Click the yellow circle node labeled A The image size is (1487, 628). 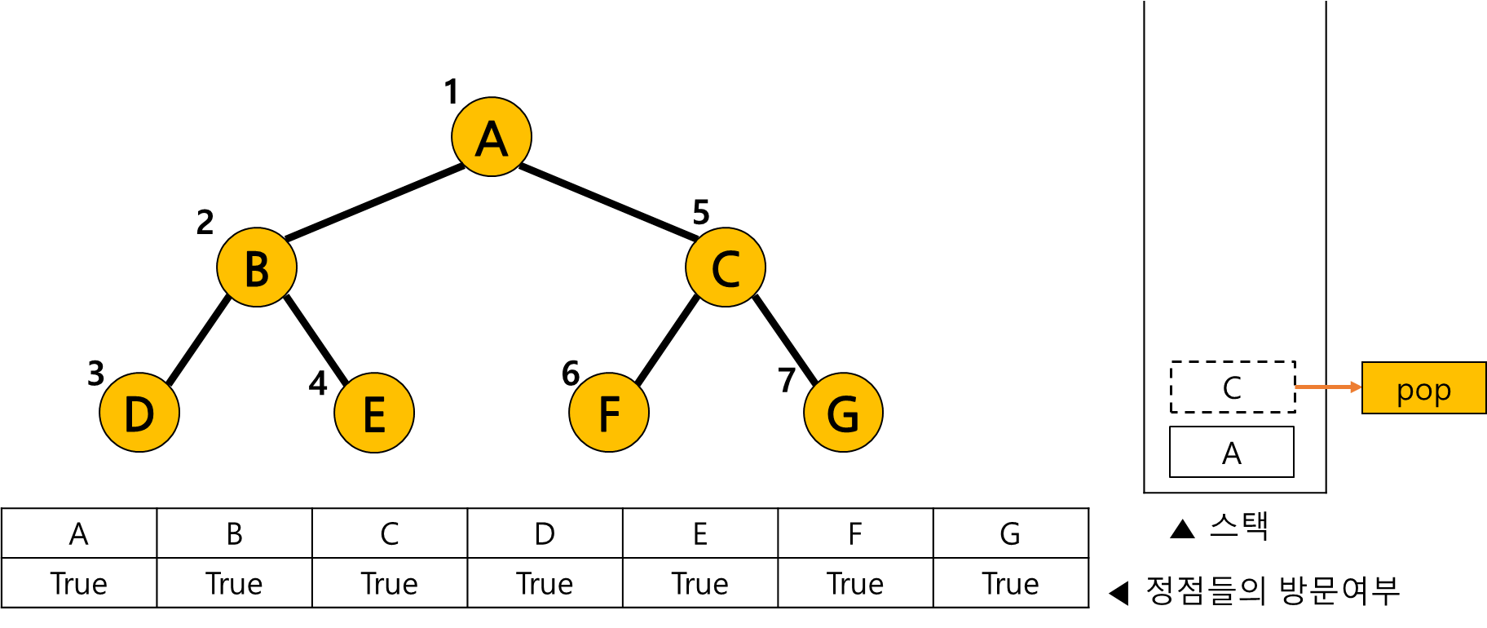(x=492, y=137)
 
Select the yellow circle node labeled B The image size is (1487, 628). (x=257, y=268)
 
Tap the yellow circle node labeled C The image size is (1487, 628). (x=726, y=268)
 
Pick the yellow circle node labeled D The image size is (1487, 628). (x=139, y=413)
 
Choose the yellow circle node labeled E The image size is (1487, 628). (x=374, y=413)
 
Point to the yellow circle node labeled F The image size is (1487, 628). (x=609, y=413)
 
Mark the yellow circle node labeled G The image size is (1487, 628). (x=843, y=413)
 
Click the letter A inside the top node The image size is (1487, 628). (x=492, y=139)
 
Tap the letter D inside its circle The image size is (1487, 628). (x=139, y=414)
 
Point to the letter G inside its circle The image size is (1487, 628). (x=843, y=414)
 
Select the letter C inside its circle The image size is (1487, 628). (x=726, y=269)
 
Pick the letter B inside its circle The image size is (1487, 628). (x=257, y=269)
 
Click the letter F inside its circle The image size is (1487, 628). (x=609, y=414)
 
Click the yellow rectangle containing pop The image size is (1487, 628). (x=1423, y=387)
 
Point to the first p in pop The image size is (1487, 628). (x=1405, y=393)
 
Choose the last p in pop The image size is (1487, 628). (x=1442, y=393)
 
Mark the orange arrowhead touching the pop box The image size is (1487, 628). (x=1357, y=387)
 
